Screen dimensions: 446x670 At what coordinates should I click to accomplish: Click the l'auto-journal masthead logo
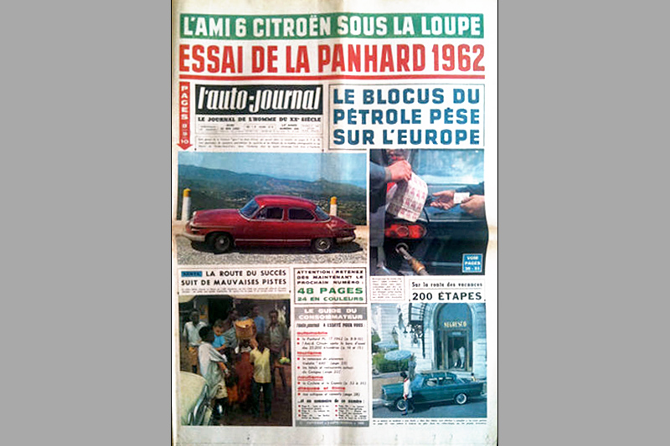point(259,100)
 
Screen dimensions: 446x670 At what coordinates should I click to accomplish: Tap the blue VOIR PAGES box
point(472,263)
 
